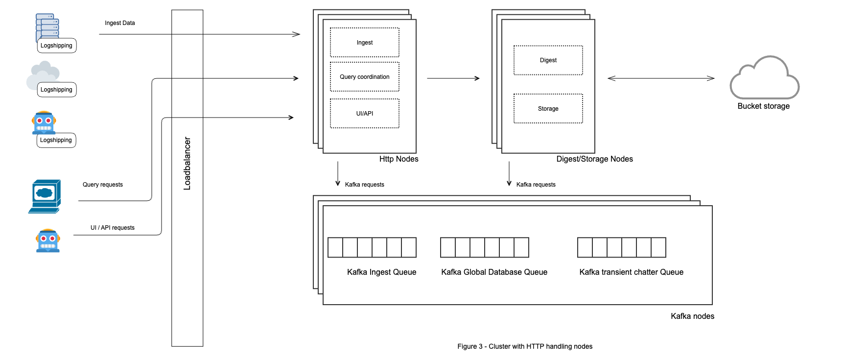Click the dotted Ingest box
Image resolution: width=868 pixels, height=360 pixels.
(x=364, y=43)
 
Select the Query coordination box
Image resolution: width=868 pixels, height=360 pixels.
(x=364, y=77)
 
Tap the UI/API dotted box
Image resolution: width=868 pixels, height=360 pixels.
(x=364, y=114)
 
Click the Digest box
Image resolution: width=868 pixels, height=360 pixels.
(x=548, y=60)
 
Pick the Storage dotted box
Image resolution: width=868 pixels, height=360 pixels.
(x=548, y=109)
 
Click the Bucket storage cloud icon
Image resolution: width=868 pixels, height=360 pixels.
(x=764, y=78)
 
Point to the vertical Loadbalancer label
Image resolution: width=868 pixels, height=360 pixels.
(x=187, y=163)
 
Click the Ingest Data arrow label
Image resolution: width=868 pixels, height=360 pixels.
(x=119, y=23)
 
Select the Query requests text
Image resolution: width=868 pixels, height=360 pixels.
(x=102, y=185)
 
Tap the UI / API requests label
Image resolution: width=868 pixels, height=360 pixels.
(x=112, y=228)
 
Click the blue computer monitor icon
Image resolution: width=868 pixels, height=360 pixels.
(x=45, y=196)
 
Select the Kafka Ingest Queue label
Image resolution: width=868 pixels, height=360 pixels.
(x=381, y=272)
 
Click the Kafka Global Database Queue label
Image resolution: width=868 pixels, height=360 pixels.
(x=494, y=272)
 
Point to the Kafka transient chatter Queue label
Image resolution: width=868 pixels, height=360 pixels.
(x=631, y=272)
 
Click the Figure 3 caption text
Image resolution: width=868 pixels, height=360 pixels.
(x=524, y=346)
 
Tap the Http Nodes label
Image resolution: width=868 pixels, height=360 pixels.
(x=399, y=159)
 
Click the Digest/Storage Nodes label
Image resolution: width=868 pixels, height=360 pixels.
(x=594, y=159)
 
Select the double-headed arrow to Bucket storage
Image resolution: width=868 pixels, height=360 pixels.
(x=661, y=78)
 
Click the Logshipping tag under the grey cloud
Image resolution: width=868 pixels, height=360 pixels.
(x=56, y=90)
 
